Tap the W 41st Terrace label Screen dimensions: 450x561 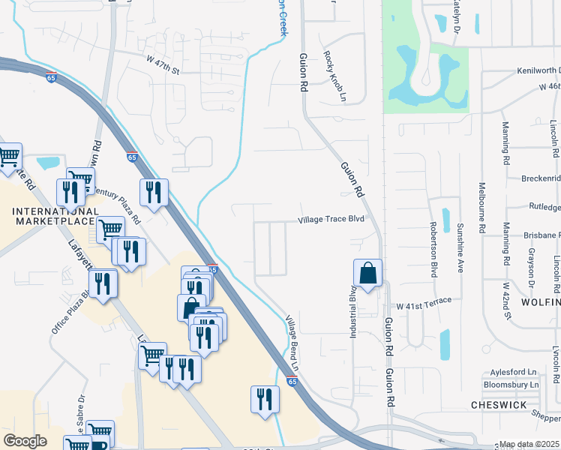tap(424, 301)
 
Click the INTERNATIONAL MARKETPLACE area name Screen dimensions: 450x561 tap(54, 216)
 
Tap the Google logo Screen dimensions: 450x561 tap(25, 441)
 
